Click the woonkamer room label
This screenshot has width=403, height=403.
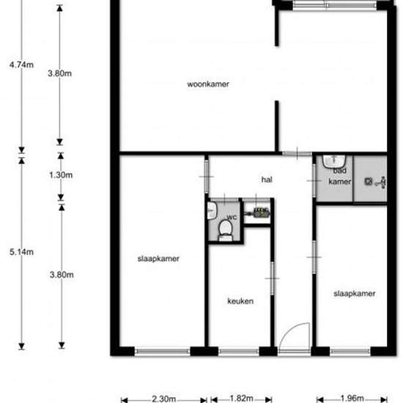(208, 84)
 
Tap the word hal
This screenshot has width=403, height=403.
(267, 178)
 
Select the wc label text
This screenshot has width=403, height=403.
(232, 218)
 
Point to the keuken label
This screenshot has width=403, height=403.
(240, 300)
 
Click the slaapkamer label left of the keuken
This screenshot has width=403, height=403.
(158, 259)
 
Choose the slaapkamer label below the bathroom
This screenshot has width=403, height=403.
(355, 293)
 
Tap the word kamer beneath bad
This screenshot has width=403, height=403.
(337, 181)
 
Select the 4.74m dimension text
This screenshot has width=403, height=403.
(21, 64)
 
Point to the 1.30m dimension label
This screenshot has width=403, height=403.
(61, 175)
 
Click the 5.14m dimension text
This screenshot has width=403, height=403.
(21, 251)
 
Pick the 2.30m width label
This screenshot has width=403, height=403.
(163, 399)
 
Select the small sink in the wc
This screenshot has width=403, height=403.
(211, 212)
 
